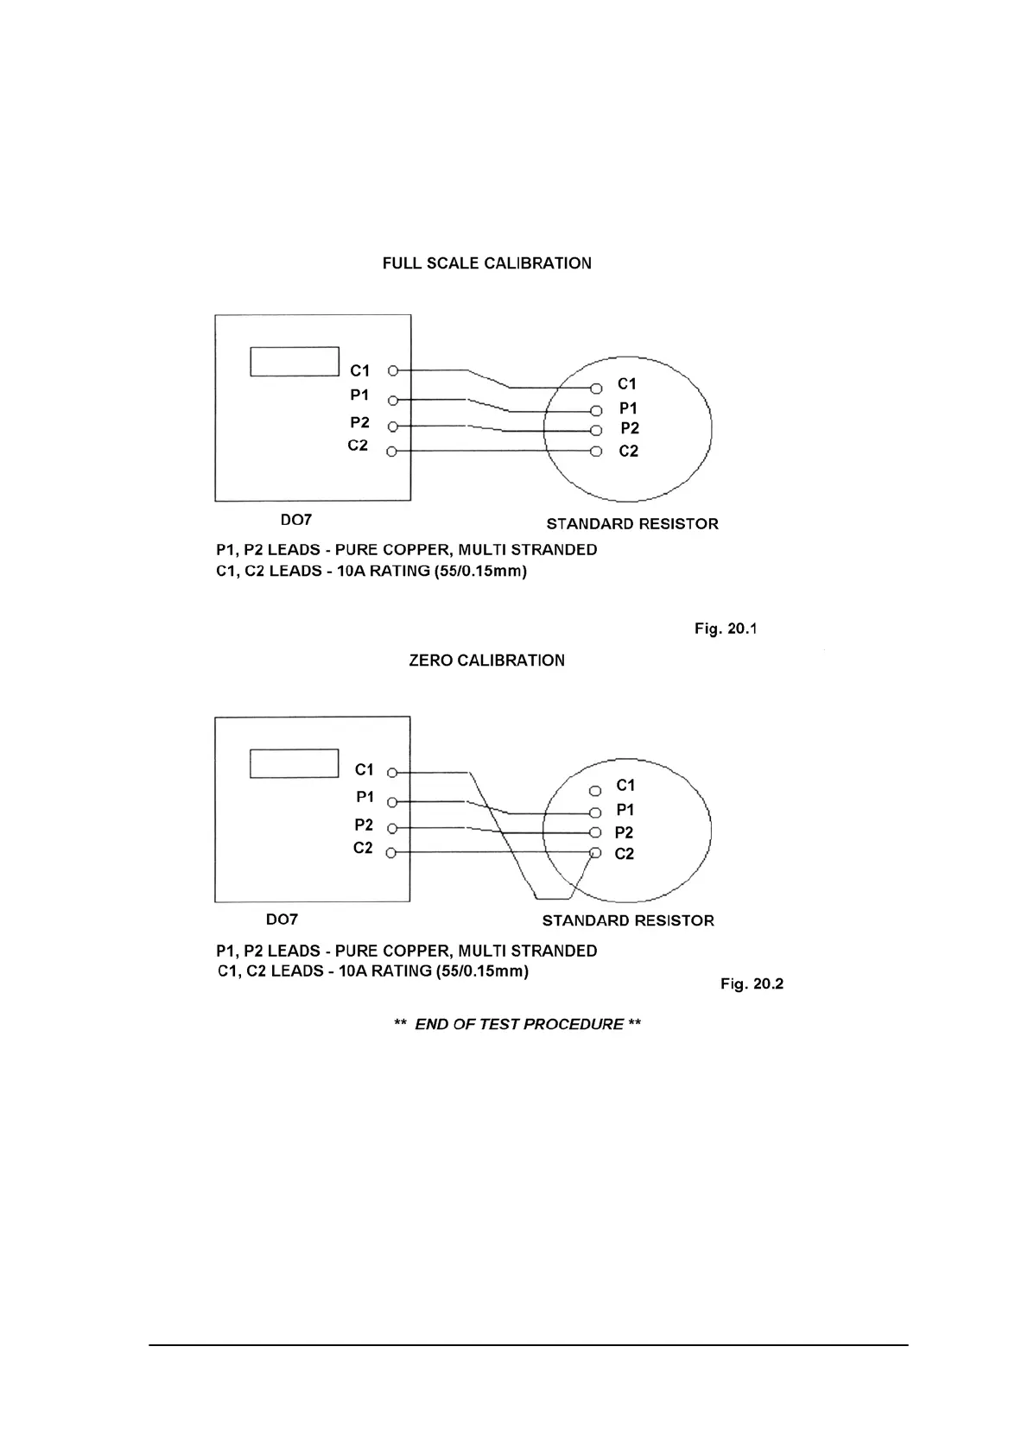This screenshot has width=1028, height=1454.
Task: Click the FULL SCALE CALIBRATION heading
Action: (x=486, y=263)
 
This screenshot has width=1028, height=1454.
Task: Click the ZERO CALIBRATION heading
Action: (x=486, y=661)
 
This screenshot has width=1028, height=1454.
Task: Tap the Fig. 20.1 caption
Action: (x=726, y=629)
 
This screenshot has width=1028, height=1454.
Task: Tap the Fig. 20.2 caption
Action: (x=752, y=984)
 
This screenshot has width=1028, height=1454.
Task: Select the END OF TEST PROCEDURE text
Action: (x=517, y=1024)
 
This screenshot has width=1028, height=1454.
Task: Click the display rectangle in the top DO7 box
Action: (x=295, y=362)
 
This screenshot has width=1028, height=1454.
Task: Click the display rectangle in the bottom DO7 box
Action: (x=294, y=763)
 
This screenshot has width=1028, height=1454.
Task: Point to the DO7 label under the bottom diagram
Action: (x=282, y=920)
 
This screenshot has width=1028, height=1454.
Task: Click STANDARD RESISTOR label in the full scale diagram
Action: (x=632, y=524)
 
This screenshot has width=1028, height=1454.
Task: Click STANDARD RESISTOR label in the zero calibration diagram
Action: (x=628, y=920)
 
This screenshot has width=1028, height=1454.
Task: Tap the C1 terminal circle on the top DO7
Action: (x=393, y=371)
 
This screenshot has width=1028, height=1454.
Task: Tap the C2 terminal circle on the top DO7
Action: (x=392, y=452)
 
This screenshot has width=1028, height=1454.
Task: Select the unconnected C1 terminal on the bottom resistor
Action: (x=594, y=791)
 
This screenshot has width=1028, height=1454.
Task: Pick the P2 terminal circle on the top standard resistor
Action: (x=595, y=430)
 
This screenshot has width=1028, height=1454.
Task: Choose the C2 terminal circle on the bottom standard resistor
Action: (x=594, y=854)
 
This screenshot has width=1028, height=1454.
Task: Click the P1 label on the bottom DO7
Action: (x=365, y=797)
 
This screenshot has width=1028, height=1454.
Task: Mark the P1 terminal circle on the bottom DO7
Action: (x=391, y=801)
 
